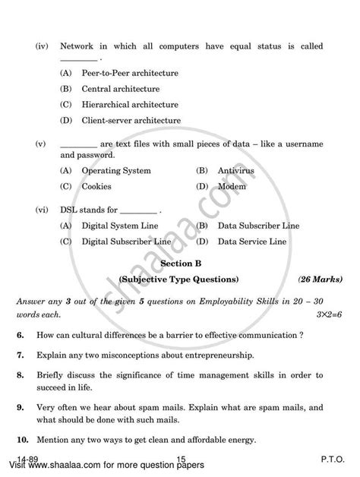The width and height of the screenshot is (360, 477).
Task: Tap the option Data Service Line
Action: pos(249,241)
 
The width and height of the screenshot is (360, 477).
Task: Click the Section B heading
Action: pos(179,263)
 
